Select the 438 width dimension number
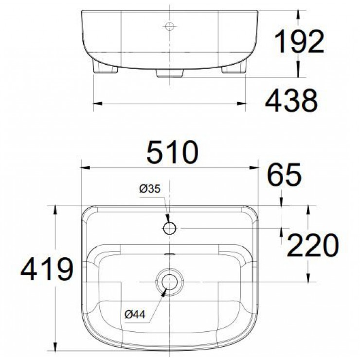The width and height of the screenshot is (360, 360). (291, 102)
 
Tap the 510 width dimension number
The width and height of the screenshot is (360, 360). (173, 152)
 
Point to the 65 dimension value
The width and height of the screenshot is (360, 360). (284, 176)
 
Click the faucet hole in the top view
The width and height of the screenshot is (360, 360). (169, 228)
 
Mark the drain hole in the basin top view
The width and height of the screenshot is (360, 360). (169, 281)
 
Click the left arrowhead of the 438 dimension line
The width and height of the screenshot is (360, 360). (96, 103)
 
